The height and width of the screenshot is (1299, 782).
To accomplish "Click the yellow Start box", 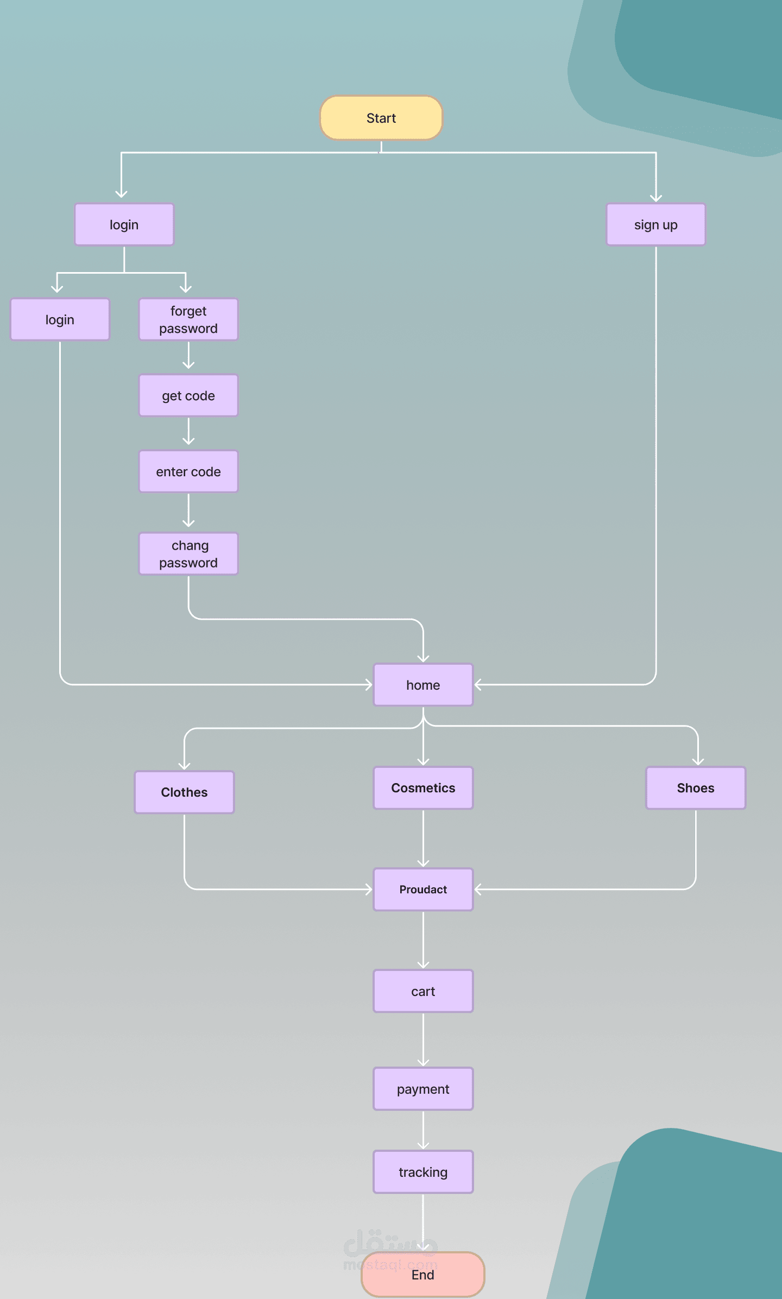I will (x=381, y=118).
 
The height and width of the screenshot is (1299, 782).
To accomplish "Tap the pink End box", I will (x=423, y=1274).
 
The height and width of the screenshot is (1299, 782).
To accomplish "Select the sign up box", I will (x=656, y=224).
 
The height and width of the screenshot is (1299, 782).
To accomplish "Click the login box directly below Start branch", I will (x=124, y=224).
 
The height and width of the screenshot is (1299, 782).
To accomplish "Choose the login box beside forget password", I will (x=60, y=319).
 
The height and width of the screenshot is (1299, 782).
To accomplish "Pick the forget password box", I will (x=188, y=319).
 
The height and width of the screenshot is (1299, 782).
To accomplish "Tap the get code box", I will (x=188, y=395).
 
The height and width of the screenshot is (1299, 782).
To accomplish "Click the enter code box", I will (x=188, y=471).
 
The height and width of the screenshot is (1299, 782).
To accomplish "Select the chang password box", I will (x=188, y=553).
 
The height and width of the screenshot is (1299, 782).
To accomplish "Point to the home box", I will (x=423, y=685).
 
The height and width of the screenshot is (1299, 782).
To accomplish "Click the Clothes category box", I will (x=184, y=792).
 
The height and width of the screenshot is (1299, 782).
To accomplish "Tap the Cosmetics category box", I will (x=423, y=787).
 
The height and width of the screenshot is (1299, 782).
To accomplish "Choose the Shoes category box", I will (x=696, y=787).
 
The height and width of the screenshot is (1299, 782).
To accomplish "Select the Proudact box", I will (x=423, y=889).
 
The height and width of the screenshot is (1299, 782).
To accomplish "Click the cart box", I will (x=423, y=991).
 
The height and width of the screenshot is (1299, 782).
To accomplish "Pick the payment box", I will (x=423, y=1089).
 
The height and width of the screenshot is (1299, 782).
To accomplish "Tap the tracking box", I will (x=423, y=1172).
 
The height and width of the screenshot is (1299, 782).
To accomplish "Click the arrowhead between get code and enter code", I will (x=188, y=441).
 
